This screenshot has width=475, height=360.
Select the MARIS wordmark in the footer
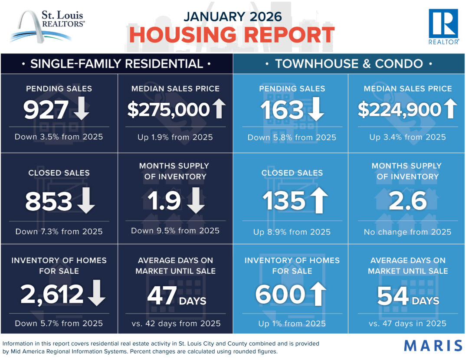pos(433,345)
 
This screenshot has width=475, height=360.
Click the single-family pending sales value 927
pos(46,111)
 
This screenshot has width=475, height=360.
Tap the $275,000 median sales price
pos(168,110)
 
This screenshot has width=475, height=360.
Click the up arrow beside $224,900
pos(450,108)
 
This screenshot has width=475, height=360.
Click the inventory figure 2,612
pos(52,295)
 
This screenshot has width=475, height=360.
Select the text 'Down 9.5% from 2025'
pos(175,230)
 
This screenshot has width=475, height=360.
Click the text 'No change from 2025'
pos(407,232)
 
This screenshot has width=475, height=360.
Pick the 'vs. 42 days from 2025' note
pos(176,323)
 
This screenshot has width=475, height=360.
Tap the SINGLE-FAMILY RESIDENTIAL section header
pos(116,64)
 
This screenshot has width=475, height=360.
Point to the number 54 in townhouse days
pos(393,296)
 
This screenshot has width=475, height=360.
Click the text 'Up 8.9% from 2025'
pos(292,232)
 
